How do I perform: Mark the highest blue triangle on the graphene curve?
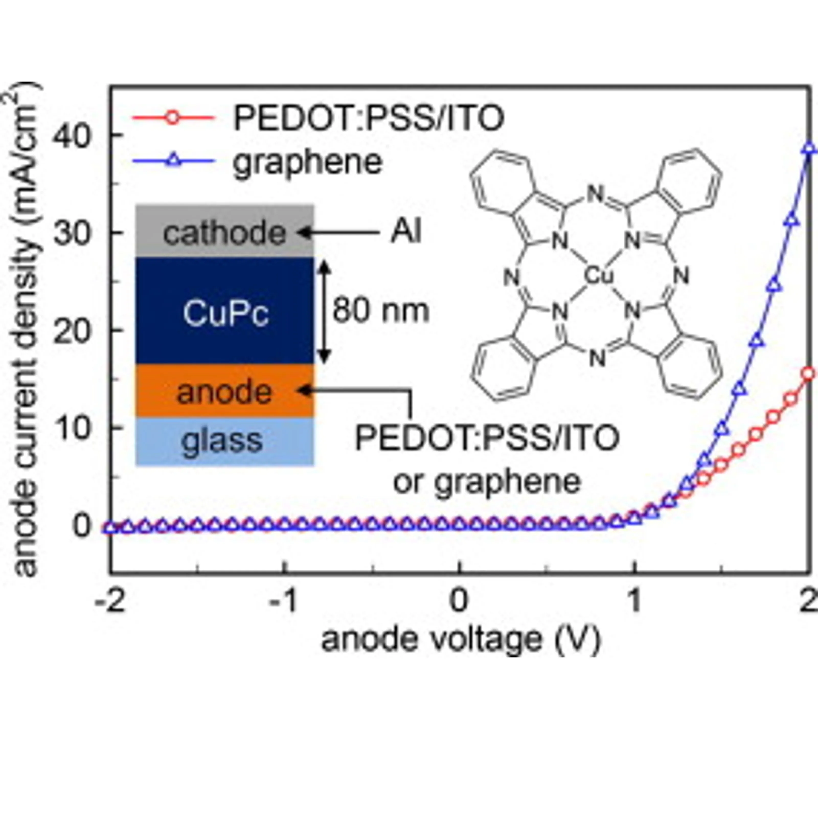point(809,148)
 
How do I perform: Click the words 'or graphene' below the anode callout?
point(487,482)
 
